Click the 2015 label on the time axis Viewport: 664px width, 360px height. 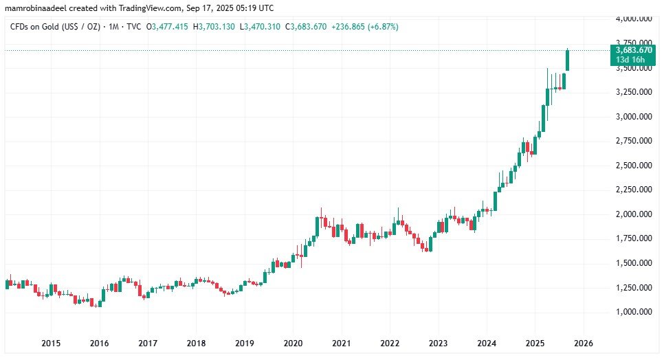51,343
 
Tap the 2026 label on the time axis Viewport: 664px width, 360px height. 584,343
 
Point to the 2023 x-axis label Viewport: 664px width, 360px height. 439,343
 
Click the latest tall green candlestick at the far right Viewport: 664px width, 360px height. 568,60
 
